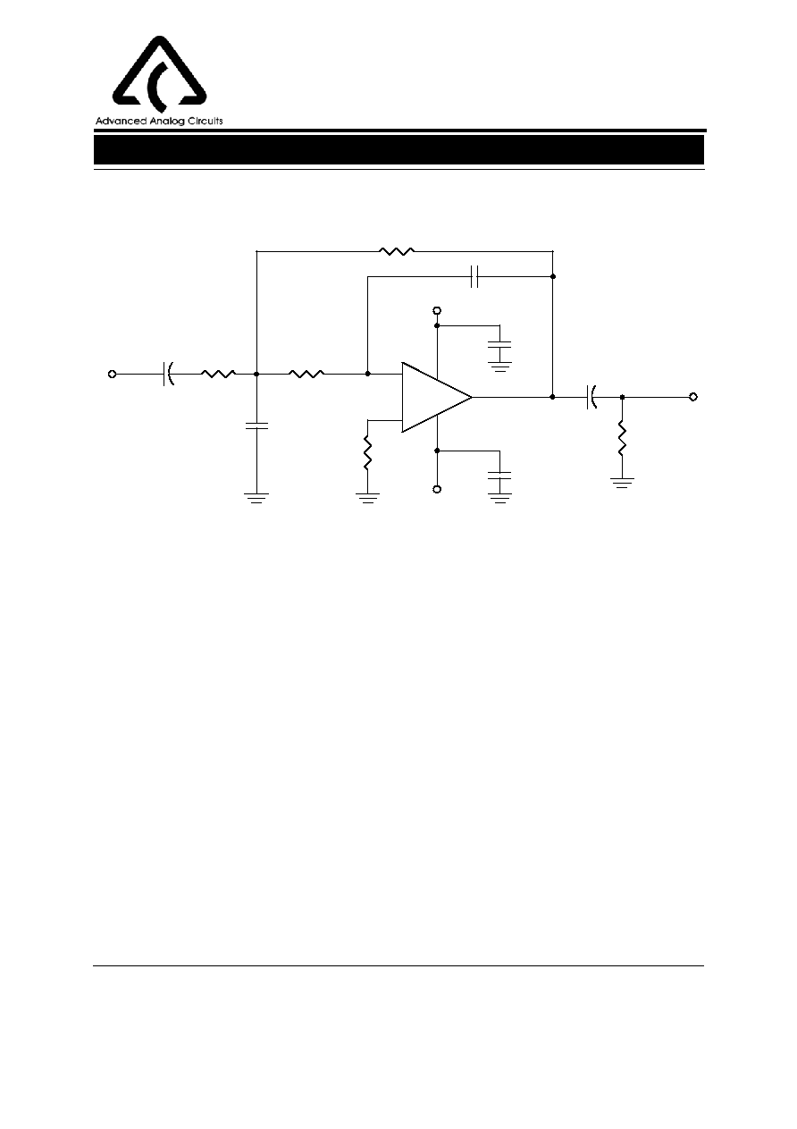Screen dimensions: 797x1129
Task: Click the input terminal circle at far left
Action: [x=113, y=374]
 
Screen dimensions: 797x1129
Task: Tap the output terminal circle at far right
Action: [x=693, y=397]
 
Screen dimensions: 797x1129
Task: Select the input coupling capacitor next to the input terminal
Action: [x=169, y=374]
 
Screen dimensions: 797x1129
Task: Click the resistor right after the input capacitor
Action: [x=218, y=374]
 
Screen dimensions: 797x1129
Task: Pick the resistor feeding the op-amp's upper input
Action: [x=306, y=374]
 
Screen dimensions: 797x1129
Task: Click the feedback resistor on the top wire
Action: [x=397, y=251]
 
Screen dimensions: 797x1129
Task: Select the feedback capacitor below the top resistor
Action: [x=474, y=277]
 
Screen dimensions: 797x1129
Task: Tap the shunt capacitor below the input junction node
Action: [x=256, y=425]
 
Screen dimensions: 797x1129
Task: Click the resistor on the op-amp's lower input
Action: [x=368, y=453]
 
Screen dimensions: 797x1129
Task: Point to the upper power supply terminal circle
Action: [x=437, y=310]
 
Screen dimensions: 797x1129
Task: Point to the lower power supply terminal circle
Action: [x=437, y=489]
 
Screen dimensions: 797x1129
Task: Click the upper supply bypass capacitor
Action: [x=499, y=345]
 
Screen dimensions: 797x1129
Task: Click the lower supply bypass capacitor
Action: [x=499, y=476]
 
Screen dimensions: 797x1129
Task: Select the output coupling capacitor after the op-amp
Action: [x=592, y=397]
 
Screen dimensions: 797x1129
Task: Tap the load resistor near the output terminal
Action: [x=622, y=439]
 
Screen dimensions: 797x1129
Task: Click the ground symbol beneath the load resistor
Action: [x=622, y=483]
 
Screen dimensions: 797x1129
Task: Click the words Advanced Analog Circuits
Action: [x=159, y=121]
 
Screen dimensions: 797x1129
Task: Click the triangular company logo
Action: [x=159, y=73]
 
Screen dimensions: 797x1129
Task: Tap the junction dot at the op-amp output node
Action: [x=553, y=397]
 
